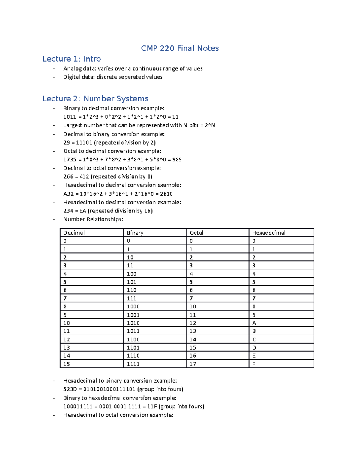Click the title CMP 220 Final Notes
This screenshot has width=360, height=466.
pyautogui.click(x=180, y=48)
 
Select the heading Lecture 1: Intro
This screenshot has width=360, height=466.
pyautogui.click(x=72, y=59)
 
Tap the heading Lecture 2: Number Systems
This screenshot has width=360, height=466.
pyautogui.click(x=95, y=99)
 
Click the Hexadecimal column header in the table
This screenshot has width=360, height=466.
pyautogui.click(x=268, y=233)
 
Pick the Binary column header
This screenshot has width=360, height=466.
pyautogui.click(x=135, y=233)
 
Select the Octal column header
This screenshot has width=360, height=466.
pyautogui.click(x=196, y=233)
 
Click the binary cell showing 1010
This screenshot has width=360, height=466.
pyautogui.click(x=133, y=323)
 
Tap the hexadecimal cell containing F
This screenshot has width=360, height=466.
pyautogui.click(x=254, y=364)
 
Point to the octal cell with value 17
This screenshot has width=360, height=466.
pyautogui.click(x=193, y=364)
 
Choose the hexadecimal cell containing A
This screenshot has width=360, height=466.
pyautogui.click(x=254, y=323)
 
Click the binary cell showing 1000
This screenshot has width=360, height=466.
pyautogui.click(x=133, y=307)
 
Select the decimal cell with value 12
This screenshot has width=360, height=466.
pyautogui.click(x=67, y=340)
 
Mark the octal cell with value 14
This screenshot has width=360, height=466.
pyautogui.click(x=193, y=340)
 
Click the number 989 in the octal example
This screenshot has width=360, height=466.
pyautogui.click(x=177, y=160)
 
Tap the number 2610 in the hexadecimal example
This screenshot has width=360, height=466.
pyautogui.click(x=166, y=194)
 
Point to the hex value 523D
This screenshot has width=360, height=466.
pyautogui.click(x=70, y=389)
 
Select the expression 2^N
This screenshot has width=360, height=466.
pyautogui.click(x=210, y=125)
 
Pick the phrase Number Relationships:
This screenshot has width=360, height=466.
pyautogui.click(x=93, y=219)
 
